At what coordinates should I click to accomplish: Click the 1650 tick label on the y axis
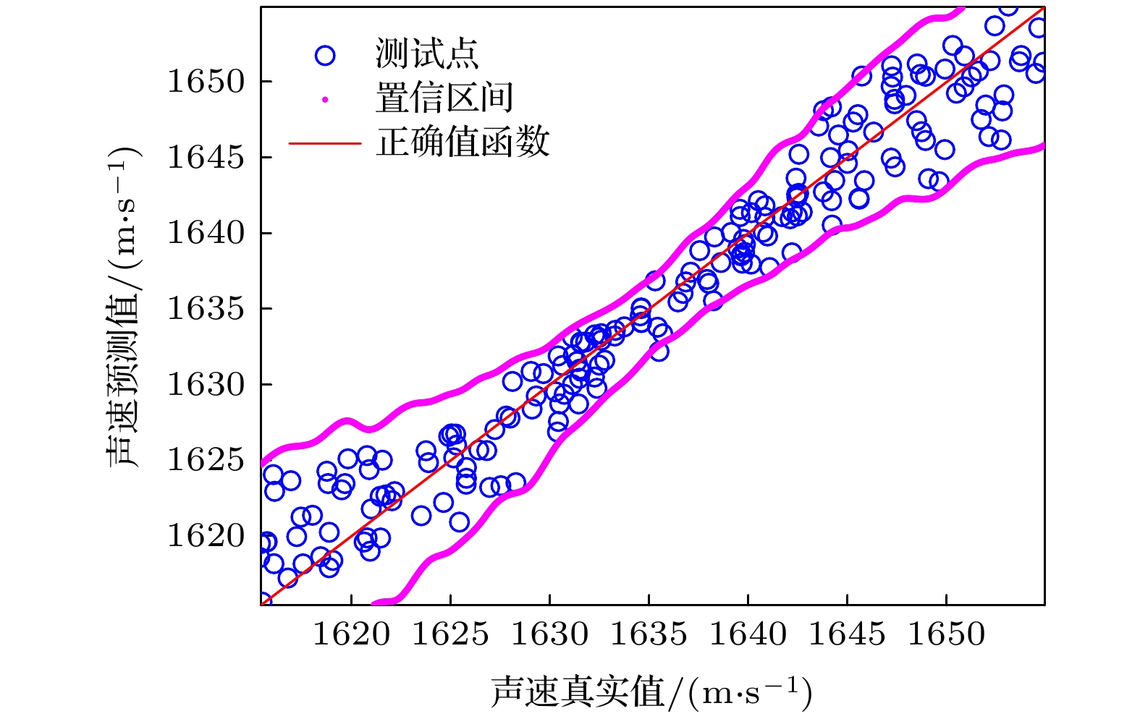[206, 81]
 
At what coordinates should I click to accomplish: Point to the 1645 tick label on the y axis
[206, 157]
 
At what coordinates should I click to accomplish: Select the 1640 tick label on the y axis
[206, 233]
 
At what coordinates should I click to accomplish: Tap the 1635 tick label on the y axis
[206, 309]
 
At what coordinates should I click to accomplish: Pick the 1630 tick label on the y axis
[206, 384]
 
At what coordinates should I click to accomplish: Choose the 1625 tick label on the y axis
[206, 460]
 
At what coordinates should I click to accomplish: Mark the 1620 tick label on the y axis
[206, 536]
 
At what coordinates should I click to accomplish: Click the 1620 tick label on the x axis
[351, 634]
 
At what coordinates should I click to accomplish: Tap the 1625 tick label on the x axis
[450, 634]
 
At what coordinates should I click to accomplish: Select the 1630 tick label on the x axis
[549, 634]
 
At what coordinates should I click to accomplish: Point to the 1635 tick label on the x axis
[649, 634]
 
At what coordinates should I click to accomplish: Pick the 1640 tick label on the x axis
[748, 634]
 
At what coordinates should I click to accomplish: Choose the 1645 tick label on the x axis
[847, 634]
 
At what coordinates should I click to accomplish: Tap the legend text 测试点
[426, 54]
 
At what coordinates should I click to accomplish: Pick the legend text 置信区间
[444, 98]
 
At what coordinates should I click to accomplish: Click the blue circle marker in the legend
[325, 55]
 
